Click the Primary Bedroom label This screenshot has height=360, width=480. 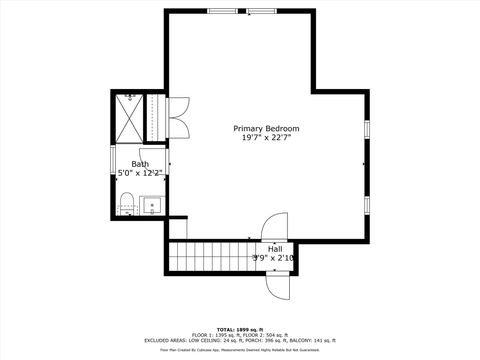(x=266, y=128)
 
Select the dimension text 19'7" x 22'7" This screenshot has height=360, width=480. (x=266, y=138)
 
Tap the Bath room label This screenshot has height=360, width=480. (x=140, y=164)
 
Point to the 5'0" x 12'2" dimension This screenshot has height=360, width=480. (x=140, y=173)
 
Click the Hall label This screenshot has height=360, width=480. (x=274, y=248)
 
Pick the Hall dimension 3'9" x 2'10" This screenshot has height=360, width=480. (x=274, y=258)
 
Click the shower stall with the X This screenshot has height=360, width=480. (x=130, y=117)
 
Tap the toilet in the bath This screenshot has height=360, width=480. (x=126, y=208)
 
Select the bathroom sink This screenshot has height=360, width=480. (x=153, y=206)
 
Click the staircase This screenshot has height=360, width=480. (x=209, y=257)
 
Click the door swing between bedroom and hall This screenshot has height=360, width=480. (x=272, y=227)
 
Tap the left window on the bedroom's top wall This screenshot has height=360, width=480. (x=222, y=11)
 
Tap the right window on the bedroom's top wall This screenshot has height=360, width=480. (x=262, y=11)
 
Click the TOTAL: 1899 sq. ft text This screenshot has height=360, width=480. (x=239, y=329)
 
